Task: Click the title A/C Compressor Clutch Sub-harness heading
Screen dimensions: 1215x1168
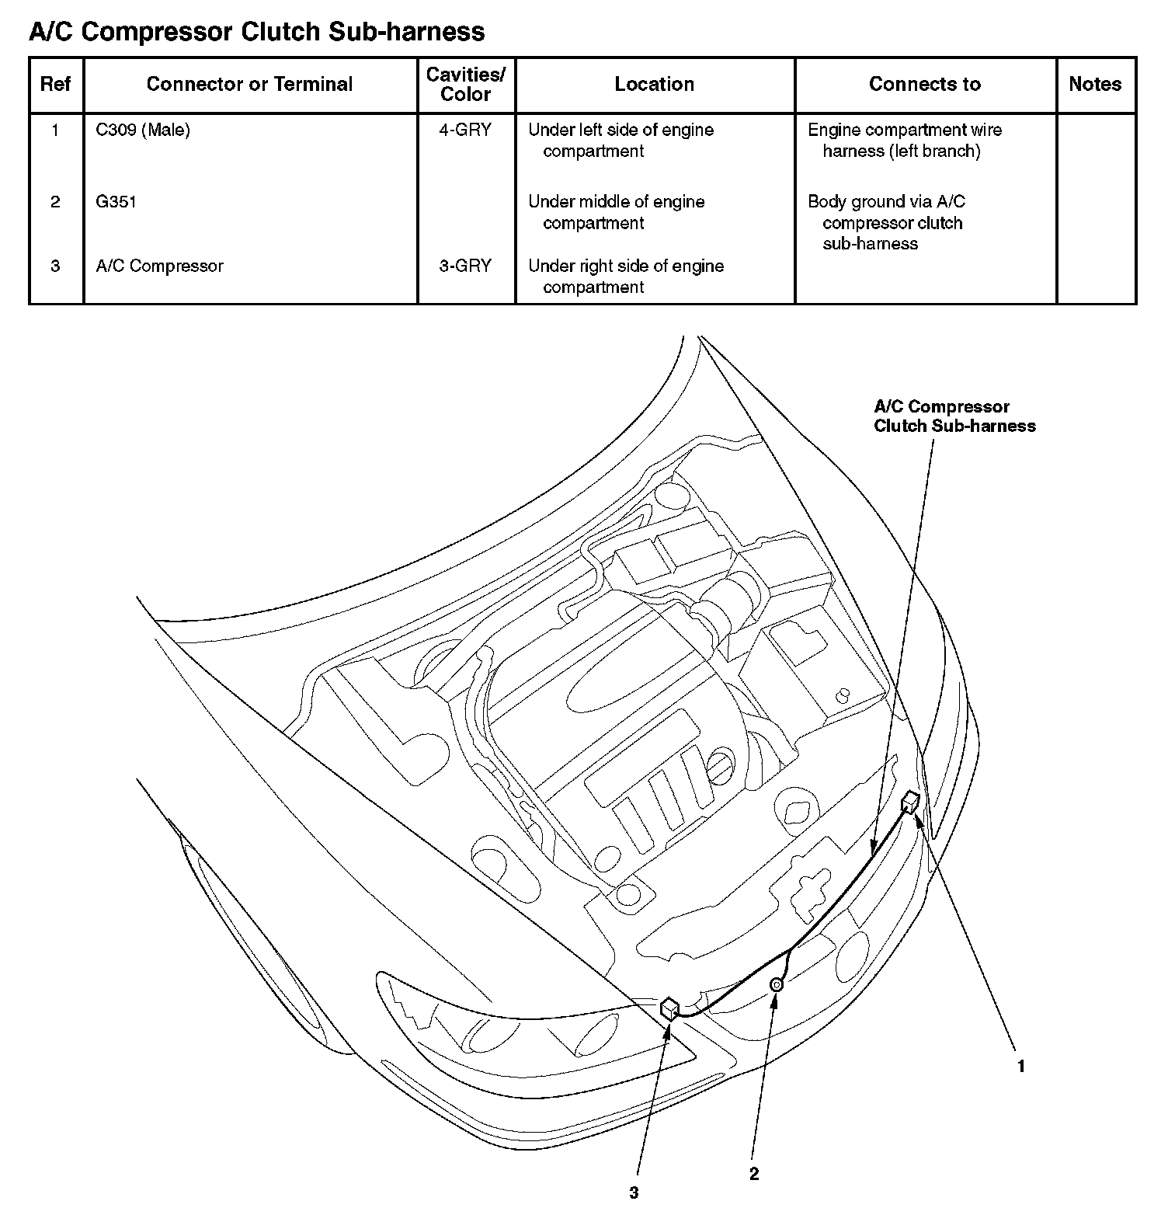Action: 256,32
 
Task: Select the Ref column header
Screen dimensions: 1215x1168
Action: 55,84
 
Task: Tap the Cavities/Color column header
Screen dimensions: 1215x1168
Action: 466,84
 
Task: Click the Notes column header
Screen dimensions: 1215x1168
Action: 1095,84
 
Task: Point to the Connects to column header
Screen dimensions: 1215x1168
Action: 924,84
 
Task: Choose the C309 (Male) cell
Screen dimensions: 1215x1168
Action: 143,130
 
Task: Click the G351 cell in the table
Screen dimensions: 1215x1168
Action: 116,202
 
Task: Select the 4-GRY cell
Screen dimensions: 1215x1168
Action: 465,130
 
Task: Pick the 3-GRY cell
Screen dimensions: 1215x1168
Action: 465,266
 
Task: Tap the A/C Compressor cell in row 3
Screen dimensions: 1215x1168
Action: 159,266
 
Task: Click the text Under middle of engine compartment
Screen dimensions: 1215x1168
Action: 616,212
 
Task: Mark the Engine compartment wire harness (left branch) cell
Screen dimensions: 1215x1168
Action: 905,141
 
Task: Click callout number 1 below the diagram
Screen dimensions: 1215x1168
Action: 1021,1067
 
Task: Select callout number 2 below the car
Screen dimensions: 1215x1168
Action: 754,1174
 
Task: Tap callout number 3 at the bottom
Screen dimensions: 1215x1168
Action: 634,1192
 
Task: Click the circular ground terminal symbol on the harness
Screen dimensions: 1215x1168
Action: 776,985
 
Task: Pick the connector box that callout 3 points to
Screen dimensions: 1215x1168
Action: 669,1009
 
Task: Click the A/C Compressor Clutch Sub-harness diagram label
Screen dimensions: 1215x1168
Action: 954,416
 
